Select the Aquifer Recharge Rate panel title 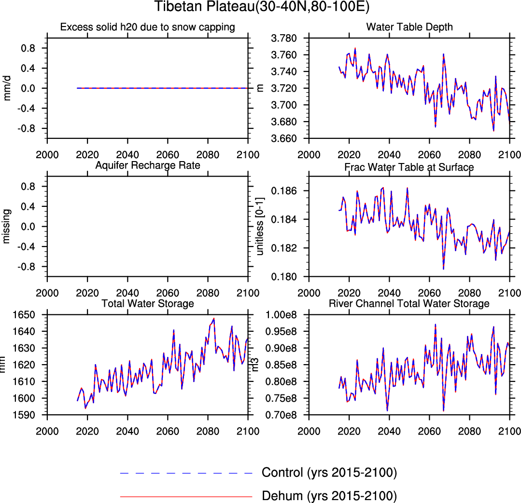coord(148,166)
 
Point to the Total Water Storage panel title coord(148,303)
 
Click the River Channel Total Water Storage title coord(409,303)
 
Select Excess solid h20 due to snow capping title coord(148,27)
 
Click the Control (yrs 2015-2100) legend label coord(329,473)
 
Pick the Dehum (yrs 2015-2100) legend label coord(329,495)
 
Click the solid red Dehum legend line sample coord(186,496)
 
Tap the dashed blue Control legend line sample coord(186,473)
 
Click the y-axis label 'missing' coord(7,226)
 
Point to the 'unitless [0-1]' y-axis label coord(261,226)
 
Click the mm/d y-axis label coord(7,88)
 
